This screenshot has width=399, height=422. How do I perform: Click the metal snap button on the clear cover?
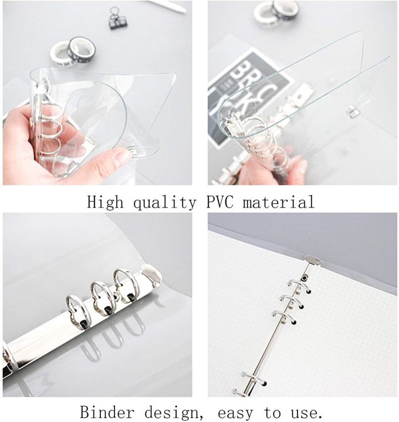coord(353,111)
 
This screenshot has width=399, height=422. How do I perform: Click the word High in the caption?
coord(106,203)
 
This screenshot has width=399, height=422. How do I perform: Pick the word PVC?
coord(219,203)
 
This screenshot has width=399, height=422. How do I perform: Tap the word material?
coord(280,203)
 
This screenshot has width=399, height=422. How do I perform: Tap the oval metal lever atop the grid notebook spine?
coord(312,260)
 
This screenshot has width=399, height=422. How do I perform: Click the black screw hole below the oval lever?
coord(305,277)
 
